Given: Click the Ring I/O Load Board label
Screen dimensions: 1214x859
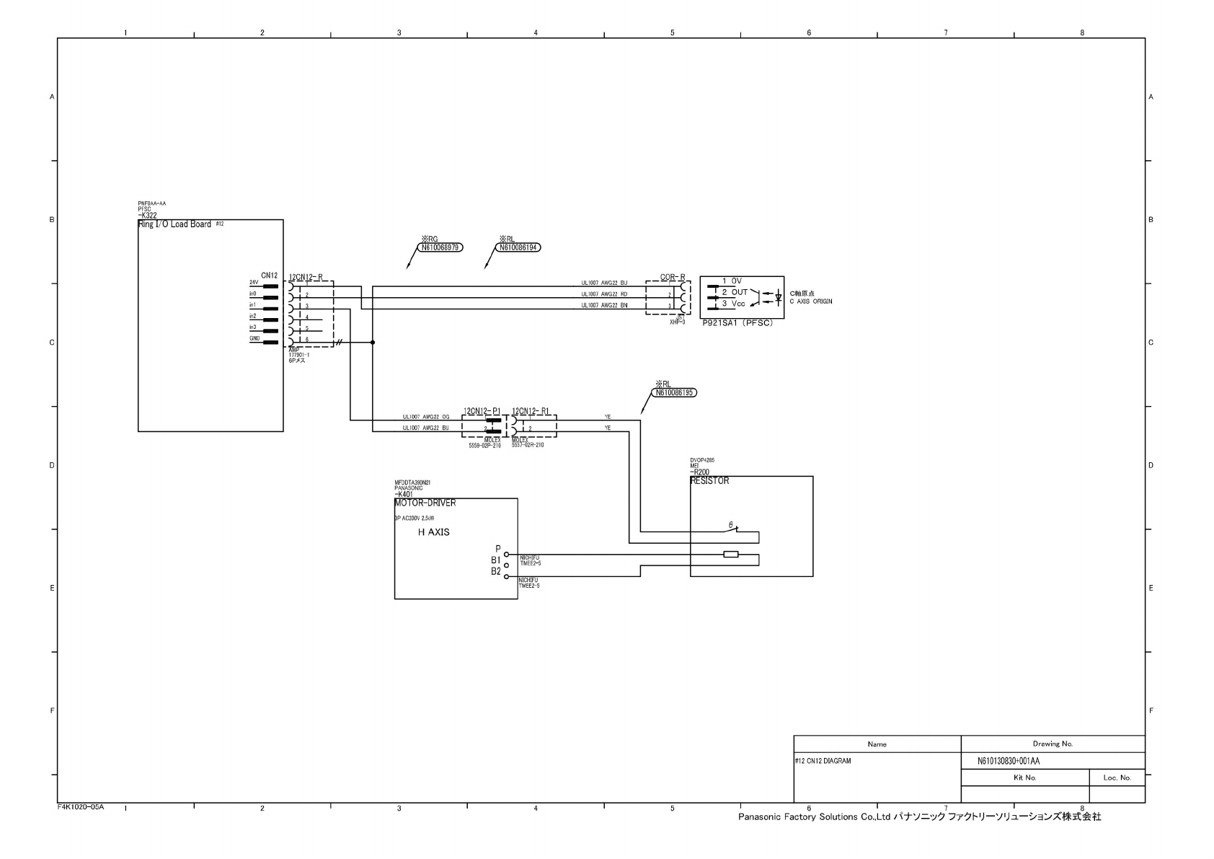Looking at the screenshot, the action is tap(174, 224).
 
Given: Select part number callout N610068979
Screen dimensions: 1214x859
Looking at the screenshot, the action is tap(440, 247).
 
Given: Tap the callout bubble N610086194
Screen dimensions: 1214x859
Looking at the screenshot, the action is tap(518, 247).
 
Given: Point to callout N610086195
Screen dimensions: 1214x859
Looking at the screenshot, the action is tap(675, 393).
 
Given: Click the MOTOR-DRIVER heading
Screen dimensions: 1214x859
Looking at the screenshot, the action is tap(425, 503).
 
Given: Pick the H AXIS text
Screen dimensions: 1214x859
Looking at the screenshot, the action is tap(434, 532).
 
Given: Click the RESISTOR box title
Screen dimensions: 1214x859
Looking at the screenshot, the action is tap(709, 481).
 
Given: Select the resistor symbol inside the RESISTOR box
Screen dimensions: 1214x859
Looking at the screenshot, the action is tap(731, 554).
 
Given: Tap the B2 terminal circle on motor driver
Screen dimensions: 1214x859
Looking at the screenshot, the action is tap(507, 577).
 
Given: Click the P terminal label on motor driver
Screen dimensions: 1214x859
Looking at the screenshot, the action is tap(497, 549).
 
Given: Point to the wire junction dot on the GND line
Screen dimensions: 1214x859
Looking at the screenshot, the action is tap(373, 343).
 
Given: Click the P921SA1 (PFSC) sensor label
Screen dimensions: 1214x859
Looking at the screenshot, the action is tap(737, 323).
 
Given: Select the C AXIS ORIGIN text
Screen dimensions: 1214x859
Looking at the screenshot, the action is tap(811, 301).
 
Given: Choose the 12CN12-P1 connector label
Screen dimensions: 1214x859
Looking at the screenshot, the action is tap(482, 411).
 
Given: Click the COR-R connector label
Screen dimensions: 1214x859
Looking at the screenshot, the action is tap(673, 277).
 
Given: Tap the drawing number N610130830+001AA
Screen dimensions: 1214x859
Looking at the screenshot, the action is tap(1009, 761).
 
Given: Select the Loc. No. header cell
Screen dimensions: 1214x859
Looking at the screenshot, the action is tap(1117, 777).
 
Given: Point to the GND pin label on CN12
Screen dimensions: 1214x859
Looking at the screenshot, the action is tap(254, 339).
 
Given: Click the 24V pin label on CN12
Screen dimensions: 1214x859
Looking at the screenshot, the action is tap(254, 283).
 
